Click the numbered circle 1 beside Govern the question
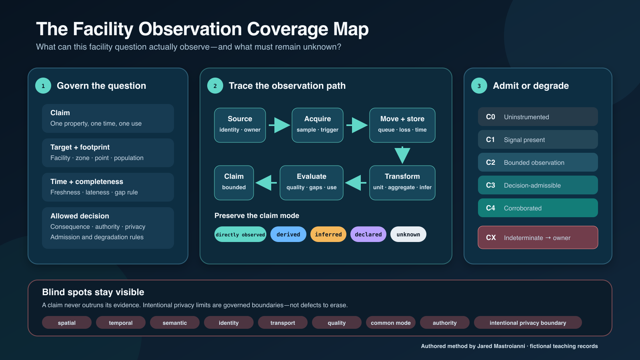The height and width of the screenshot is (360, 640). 43,86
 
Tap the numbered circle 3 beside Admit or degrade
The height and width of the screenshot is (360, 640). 479,86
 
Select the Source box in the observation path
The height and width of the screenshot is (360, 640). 240,125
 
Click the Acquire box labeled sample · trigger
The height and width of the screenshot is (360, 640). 318,125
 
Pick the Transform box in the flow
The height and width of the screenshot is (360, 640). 402,183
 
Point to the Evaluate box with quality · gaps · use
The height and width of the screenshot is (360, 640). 312,183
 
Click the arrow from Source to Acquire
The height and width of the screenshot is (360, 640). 279,125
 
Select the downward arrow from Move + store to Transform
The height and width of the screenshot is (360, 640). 402,155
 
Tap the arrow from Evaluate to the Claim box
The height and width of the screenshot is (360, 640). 266,183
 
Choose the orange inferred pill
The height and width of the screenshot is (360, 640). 328,234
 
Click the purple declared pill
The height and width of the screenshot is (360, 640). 368,234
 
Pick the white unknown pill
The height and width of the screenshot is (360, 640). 408,234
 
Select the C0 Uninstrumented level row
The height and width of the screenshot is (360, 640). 538,116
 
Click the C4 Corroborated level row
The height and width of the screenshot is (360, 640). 538,208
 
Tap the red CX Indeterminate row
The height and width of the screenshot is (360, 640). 538,238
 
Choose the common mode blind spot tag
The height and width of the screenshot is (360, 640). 390,322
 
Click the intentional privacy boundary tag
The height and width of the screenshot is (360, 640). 528,322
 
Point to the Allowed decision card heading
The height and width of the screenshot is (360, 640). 80,216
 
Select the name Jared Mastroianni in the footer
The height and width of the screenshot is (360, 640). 501,346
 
